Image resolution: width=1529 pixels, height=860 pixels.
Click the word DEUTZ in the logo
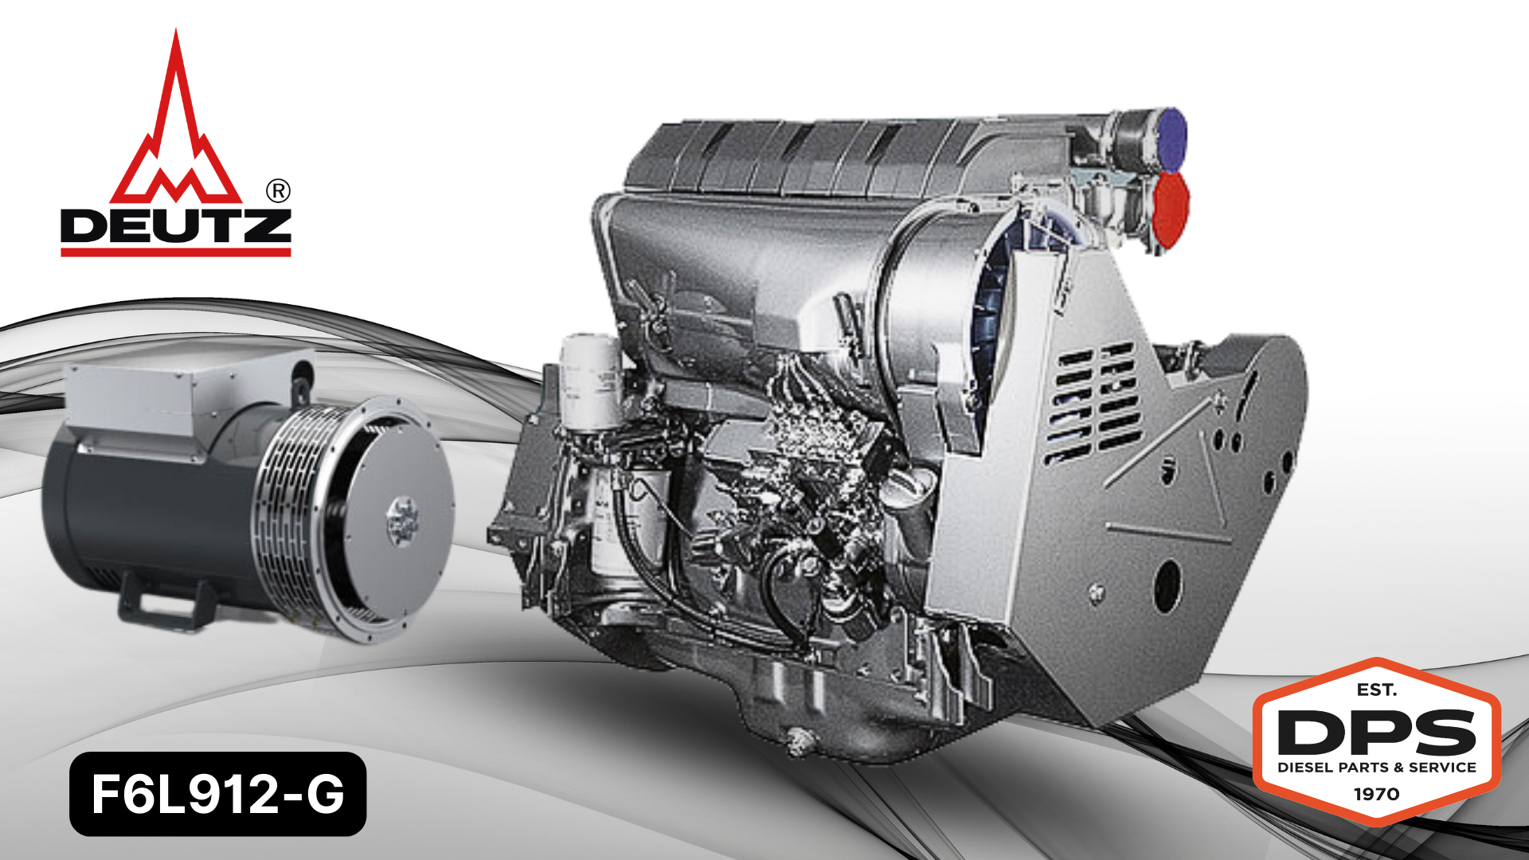(x=176, y=226)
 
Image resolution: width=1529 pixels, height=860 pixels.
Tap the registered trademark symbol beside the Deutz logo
(x=277, y=191)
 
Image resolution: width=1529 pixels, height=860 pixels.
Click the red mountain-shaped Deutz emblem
(x=176, y=135)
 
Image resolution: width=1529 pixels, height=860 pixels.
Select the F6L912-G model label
(x=217, y=794)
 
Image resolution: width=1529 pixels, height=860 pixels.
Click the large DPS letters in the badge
(x=1377, y=732)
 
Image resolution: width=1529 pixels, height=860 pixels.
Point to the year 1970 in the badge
(x=1377, y=794)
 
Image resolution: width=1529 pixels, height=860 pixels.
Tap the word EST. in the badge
(x=1377, y=690)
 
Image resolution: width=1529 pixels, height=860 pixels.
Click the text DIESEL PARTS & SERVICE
(x=1377, y=768)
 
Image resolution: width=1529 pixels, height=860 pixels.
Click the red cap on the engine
(x=1171, y=209)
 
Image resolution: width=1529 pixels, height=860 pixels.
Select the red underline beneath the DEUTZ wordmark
(x=176, y=252)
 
